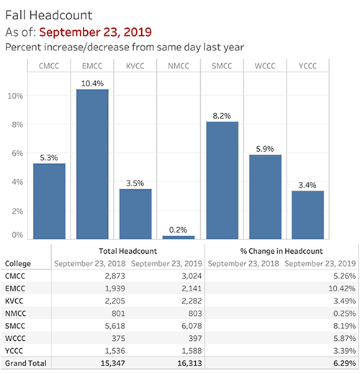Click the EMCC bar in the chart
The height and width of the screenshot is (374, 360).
click(92, 164)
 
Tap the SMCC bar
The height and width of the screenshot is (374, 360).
click(222, 180)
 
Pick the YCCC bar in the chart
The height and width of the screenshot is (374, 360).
click(307, 214)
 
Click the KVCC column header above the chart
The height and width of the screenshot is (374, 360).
click(135, 67)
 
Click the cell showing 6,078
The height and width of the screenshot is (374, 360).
click(188, 324)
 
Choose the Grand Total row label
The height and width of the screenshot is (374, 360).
click(24, 364)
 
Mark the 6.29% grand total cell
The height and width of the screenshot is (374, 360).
click(340, 364)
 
